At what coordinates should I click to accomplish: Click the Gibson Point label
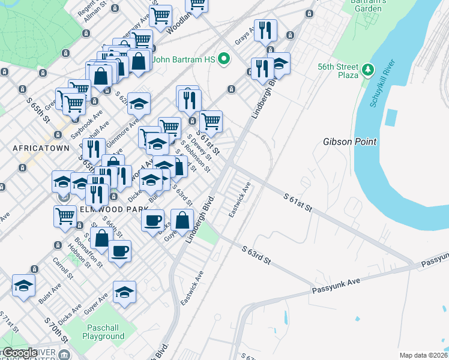[x=349, y=142]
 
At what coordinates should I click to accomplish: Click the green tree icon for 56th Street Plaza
[x=367, y=72]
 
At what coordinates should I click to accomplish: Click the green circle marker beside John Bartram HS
[x=224, y=59]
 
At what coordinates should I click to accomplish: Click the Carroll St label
[x=62, y=269]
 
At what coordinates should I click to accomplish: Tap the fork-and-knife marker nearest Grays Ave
[x=265, y=29]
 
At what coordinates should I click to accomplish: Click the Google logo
[x=19, y=353]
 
